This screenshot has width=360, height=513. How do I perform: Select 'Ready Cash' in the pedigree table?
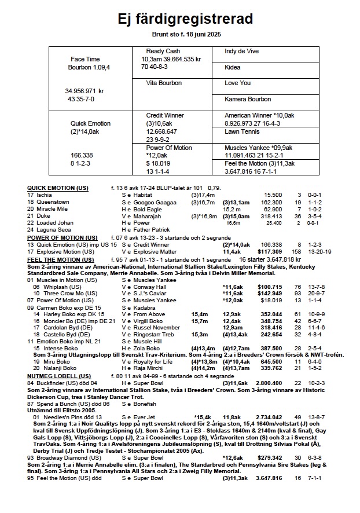click(x=163, y=51)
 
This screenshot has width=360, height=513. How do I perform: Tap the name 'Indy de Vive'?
click(x=243, y=51)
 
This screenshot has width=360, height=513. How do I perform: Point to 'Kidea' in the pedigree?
click(x=233, y=67)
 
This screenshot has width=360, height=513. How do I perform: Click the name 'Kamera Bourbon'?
click(x=248, y=100)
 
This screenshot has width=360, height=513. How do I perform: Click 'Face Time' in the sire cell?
click(x=85, y=59)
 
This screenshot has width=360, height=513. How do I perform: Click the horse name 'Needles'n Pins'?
click(x=61, y=416)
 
